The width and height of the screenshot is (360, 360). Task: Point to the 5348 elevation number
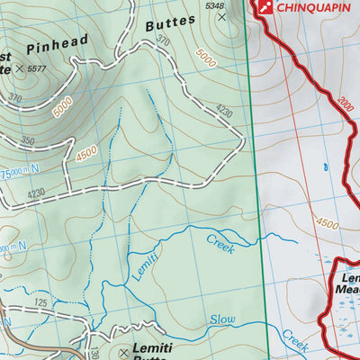214,7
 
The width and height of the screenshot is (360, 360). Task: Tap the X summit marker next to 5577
20,68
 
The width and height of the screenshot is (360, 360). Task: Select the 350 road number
27,141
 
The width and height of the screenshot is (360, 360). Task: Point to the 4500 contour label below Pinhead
86,153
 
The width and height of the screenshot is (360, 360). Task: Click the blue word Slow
222,319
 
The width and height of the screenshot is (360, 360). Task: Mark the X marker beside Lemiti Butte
124,352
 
